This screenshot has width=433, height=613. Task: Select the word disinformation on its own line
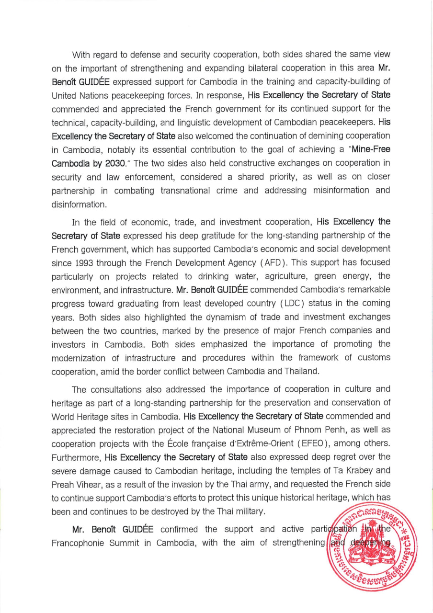click(79, 204)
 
